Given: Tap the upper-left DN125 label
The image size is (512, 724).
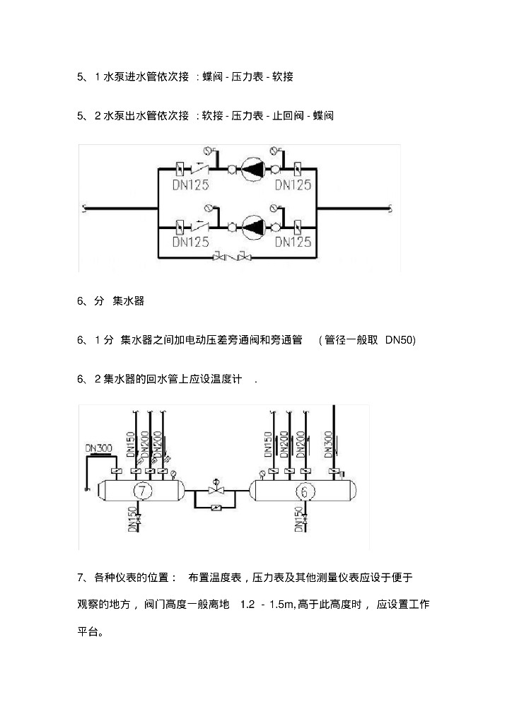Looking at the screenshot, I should click(191, 185).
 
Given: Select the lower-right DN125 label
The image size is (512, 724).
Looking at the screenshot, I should click(293, 243).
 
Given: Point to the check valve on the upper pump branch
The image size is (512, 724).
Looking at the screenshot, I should click(202, 170).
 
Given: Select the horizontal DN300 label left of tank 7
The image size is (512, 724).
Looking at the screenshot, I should click(98, 448).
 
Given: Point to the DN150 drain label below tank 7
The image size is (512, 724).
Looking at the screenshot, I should click(132, 520).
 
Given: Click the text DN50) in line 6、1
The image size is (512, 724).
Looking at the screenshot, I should click(400, 341).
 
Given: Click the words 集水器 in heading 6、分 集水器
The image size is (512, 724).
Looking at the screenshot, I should click(128, 302).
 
